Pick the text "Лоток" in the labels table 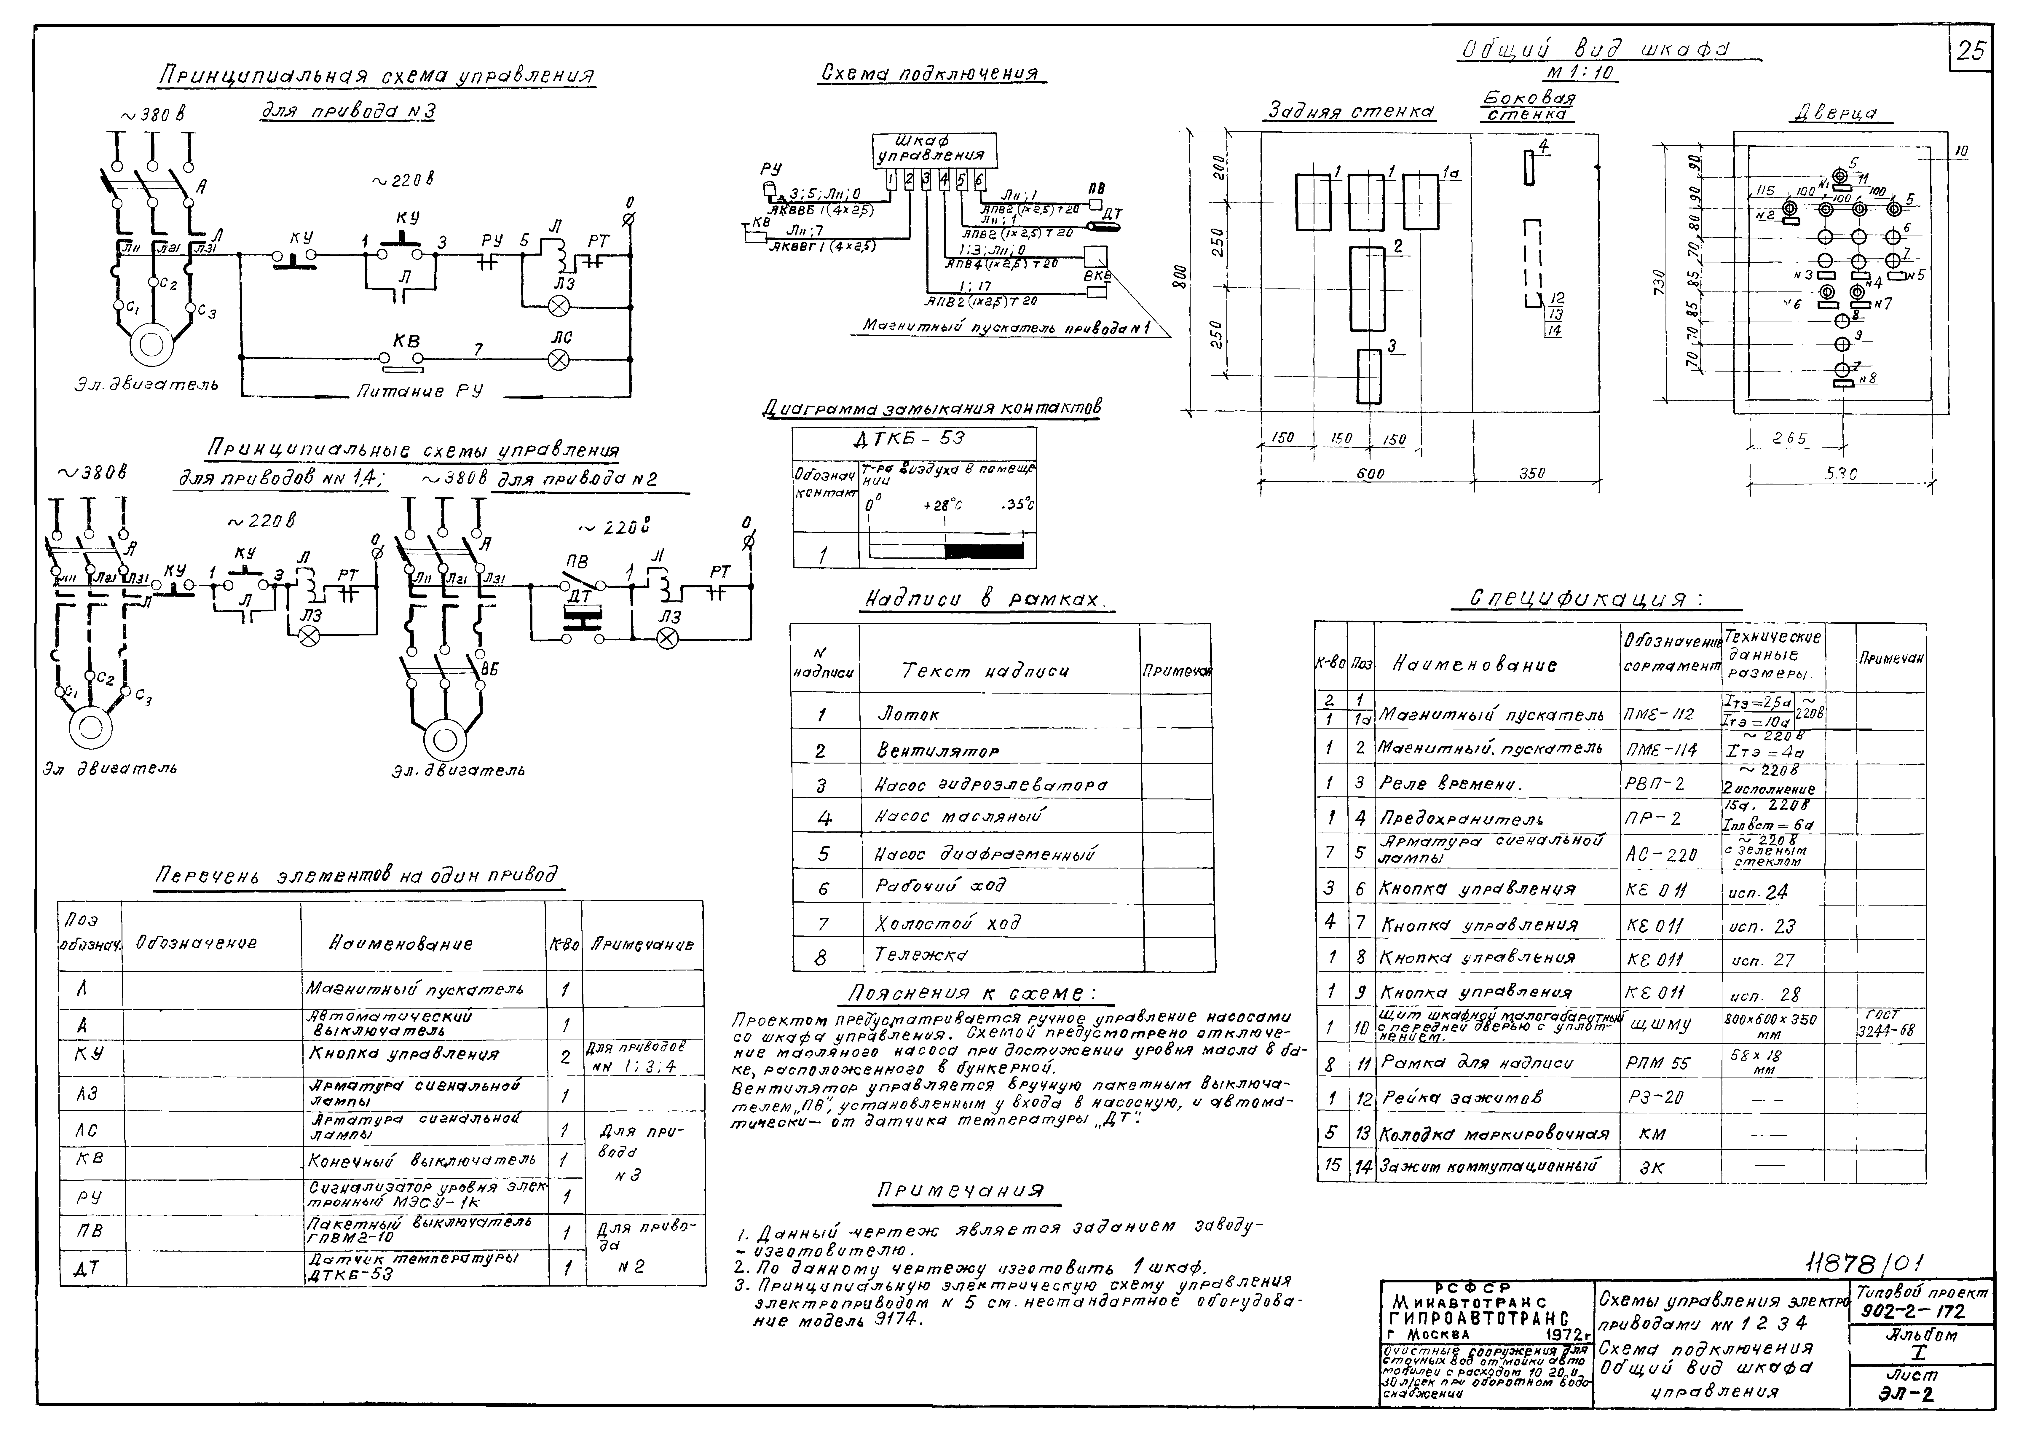coord(907,714)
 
